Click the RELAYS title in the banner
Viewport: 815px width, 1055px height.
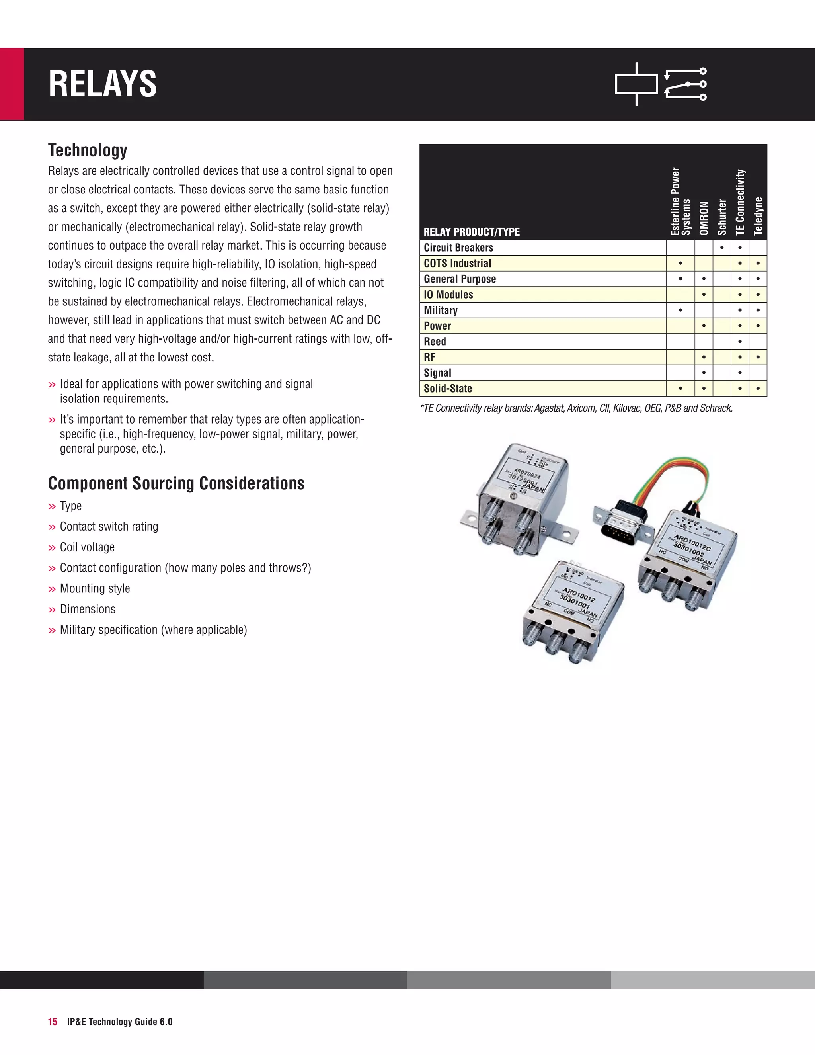point(102,84)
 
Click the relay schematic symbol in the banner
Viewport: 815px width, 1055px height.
point(661,84)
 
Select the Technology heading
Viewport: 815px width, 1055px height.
point(88,150)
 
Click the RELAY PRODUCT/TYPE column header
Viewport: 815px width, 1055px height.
point(472,232)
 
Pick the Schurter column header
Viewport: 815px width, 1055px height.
point(722,217)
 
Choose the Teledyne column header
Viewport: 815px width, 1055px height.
point(758,216)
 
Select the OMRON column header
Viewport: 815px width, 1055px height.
point(704,218)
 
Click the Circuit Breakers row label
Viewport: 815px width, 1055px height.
point(458,248)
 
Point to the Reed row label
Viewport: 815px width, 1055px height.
point(435,342)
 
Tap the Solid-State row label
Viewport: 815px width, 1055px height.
point(448,389)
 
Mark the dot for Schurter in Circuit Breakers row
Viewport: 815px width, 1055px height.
point(722,248)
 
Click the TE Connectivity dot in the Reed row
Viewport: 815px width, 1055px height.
point(740,342)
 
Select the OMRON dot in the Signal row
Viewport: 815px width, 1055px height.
point(704,373)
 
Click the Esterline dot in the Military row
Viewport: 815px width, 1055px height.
point(680,310)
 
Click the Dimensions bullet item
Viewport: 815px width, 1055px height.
point(88,609)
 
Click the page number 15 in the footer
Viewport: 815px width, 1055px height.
point(52,1022)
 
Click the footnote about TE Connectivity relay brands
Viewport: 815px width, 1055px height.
point(577,408)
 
